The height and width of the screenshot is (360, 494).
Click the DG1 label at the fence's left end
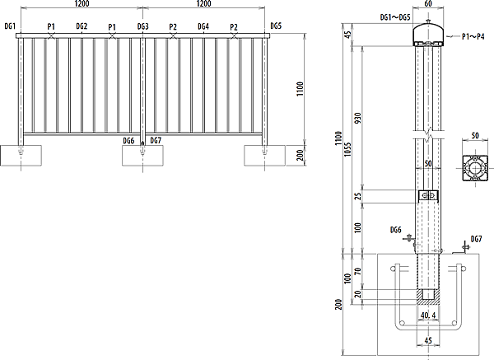click(x=10, y=26)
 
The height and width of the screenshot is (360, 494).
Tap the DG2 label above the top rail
click(x=82, y=26)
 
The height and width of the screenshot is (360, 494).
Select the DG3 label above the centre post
click(x=142, y=26)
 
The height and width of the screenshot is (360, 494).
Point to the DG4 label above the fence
click(x=203, y=26)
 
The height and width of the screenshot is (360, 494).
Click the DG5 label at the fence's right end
click(x=276, y=26)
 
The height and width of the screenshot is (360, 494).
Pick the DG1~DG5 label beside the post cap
click(x=395, y=17)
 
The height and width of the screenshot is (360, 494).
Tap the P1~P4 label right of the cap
click(x=473, y=36)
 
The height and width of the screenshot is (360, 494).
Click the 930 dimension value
click(x=358, y=118)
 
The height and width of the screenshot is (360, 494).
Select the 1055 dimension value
click(x=347, y=149)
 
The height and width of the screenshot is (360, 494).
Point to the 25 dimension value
click(x=358, y=196)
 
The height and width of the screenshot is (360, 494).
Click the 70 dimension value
click(x=358, y=271)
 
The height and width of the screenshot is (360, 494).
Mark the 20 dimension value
click(x=358, y=294)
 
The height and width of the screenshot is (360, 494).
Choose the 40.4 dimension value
click(x=428, y=316)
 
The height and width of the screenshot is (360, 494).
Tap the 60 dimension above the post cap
click(x=428, y=3)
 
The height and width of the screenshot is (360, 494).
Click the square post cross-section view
click(x=475, y=168)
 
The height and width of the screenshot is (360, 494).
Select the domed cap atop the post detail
click(x=428, y=35)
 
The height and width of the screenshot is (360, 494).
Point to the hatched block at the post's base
click(x=428, y=297)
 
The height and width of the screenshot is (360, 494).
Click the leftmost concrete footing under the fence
click(x=21, y=156)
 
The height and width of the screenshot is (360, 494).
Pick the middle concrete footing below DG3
click(x=142, y=156)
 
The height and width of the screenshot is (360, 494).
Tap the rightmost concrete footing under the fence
click(x=264, y=156)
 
